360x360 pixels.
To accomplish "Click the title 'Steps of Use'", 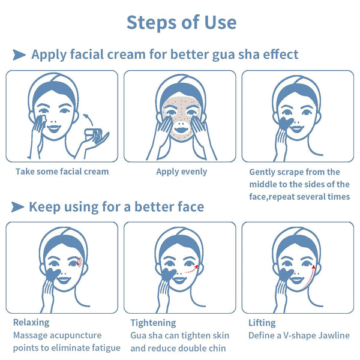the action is pos(181,23).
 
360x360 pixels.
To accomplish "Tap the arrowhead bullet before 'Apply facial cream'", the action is pos(19,55).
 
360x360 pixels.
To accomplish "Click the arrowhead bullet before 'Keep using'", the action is pos(17,207).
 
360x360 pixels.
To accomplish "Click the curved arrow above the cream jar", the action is pos(88,119).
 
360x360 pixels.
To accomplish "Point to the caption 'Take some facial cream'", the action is pos(62,172).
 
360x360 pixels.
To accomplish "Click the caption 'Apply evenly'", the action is pos(182,172).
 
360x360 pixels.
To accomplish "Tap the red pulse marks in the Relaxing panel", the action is pos(79,262).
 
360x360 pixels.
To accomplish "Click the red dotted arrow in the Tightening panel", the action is pos(191,270).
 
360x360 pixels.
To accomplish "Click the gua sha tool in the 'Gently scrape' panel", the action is pos(285,124).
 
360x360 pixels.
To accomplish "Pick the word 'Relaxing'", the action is pos(31,323).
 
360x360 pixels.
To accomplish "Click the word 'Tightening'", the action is pos(153,323).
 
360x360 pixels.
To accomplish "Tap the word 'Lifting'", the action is pos(262,323).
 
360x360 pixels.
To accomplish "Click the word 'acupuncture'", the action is pos(76,335).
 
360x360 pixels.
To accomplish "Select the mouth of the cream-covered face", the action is pos(181,130).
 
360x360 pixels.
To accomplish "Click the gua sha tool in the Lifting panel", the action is pos(286,275).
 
